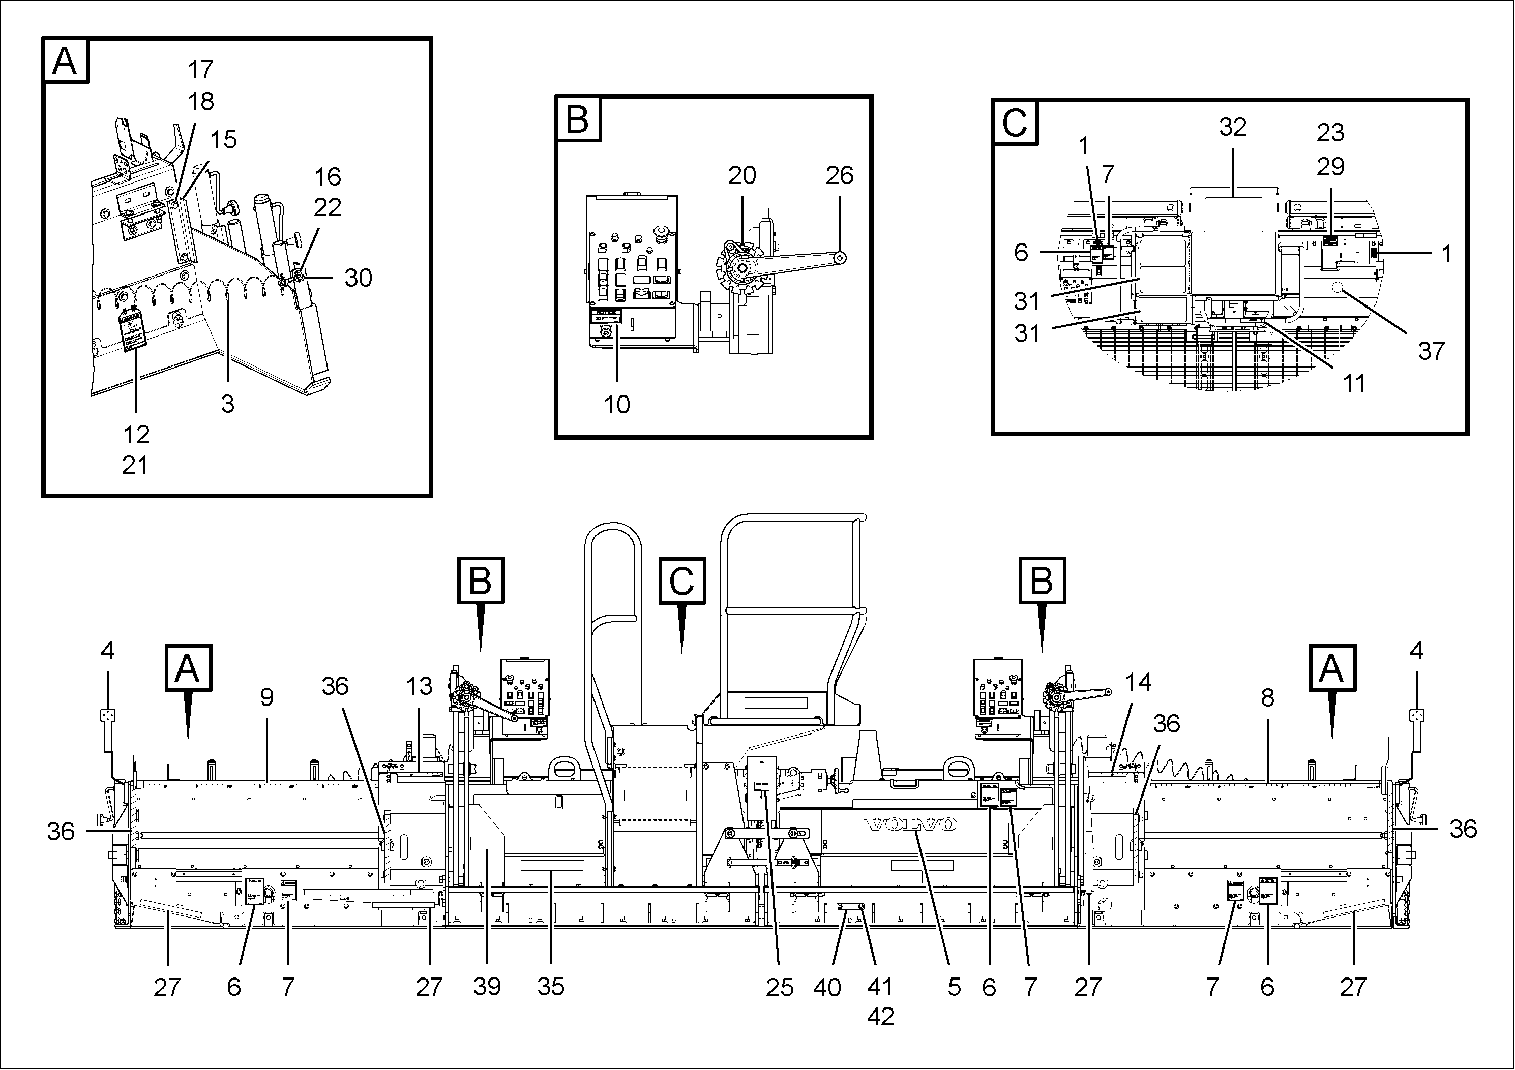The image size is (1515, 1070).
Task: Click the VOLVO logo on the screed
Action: click(x=911, y=824)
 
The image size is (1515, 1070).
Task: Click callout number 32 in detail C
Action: click(x=1233, y=127)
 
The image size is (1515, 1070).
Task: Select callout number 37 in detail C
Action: click(x=1431, y=351)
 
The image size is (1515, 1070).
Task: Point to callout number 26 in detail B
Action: click(x=839, y=175)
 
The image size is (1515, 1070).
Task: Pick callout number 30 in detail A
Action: click(x=359, y=278)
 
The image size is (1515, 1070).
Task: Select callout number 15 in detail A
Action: click(x=223, y=140)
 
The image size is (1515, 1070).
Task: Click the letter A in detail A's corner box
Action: click(x=65, y=62)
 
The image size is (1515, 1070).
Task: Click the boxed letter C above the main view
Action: click(x=681, y=581)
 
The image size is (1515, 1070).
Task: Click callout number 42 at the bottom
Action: click(x=880, y=1017)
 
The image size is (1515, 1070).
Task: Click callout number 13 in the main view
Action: click(x=419, y=686)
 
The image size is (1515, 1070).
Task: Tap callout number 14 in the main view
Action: click(x=1138, y=682)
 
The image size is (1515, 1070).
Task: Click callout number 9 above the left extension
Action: click(x=266, y=697)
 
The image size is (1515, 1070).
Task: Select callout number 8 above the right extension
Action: click(x=1267, y=697)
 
